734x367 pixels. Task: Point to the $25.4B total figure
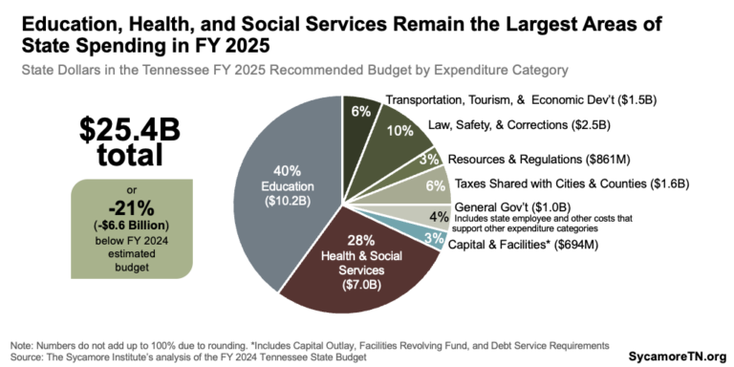(x=121, y=140)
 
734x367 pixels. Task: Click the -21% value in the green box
(x=121, y=210)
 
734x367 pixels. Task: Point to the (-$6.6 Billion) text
(x=121, y=227)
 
